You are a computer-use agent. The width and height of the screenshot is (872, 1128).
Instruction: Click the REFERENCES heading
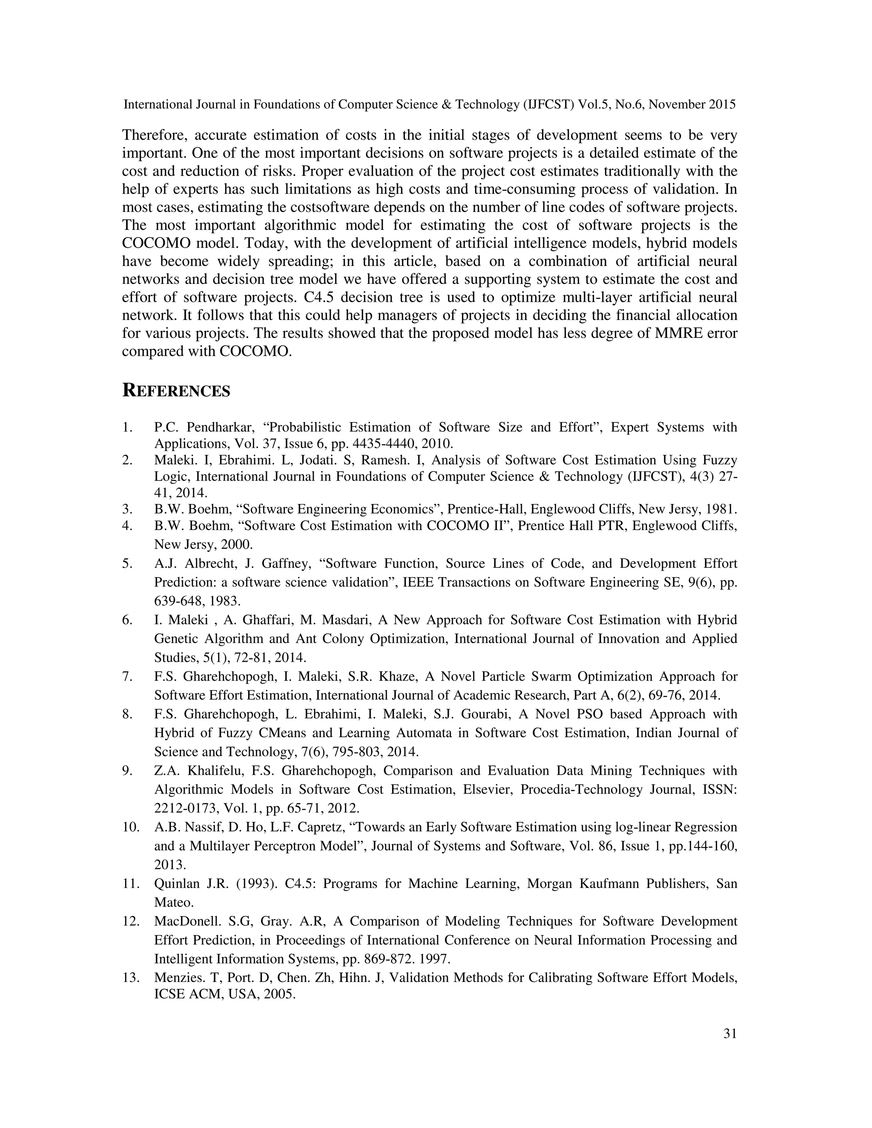[x=176, y=391]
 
